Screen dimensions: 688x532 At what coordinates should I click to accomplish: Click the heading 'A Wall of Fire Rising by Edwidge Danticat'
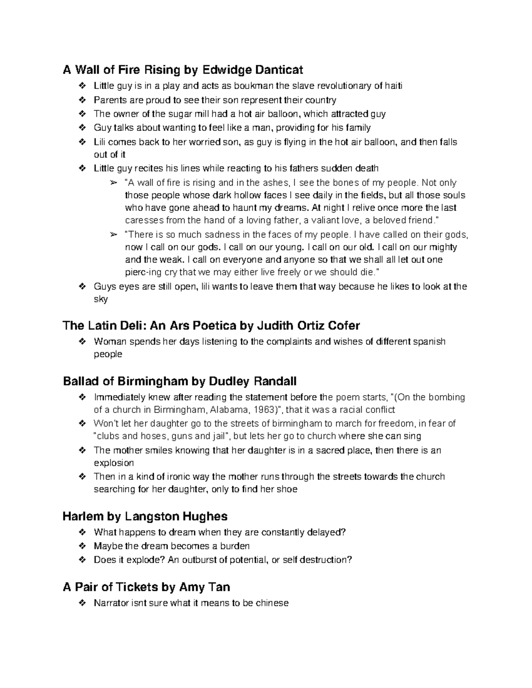click(x=183, y=70)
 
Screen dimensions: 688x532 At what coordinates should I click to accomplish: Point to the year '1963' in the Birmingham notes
click(x=259, y=410)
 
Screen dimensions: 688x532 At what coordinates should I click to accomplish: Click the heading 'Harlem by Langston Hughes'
click(x=145, y=517)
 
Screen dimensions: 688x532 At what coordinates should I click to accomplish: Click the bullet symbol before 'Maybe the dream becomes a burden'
click(x=82, y=546)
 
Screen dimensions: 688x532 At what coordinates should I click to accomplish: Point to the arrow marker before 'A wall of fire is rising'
click(x=113, y=183)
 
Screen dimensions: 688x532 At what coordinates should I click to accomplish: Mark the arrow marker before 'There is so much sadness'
click(x=113, y=235)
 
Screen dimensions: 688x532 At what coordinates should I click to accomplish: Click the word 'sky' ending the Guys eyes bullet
click(x=101, y=299)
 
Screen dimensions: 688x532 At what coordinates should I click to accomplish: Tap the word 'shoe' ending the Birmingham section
click(x=288, y=489)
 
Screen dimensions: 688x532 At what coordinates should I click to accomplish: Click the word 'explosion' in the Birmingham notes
click(x=113, y=463)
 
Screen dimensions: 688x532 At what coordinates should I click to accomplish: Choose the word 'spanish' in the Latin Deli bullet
click(x=429, y=342)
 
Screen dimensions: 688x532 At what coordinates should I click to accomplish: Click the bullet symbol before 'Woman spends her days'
click(x=82, y=342)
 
